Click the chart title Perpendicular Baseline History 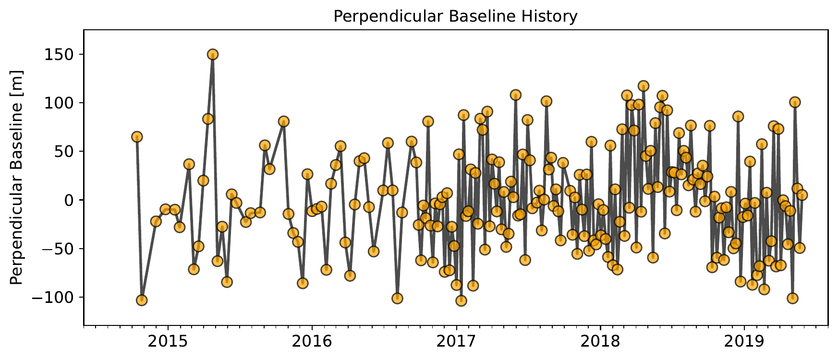pyautogui.click(x=455, y=16)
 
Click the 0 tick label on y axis pyautogui.click(x=69, y=200)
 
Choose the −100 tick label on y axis pyautogui.click(x=50, y=298)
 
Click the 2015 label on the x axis pyautogui.click(x=168, y=342)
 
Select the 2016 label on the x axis pyautogui.click(x=312, y=342)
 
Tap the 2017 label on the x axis pyautogui.click(x=456, y=342)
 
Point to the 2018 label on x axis pyautogui.click(x=600, y=342)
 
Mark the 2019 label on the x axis pyautogui.click(x=744, y=342)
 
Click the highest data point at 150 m pyautogui.click(x=213, y=54)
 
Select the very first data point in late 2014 pyautogui.click(x=137, y=137)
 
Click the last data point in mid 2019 pyautogui.click(x=802, y=195)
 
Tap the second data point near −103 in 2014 pyautogui.click(x=142, y=300)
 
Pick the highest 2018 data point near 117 pyautogui.click(x=644, y=86)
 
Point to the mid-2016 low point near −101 pyautogui.click(x=397, y=298)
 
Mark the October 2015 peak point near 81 pyautogui.click(x=283, y=121)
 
